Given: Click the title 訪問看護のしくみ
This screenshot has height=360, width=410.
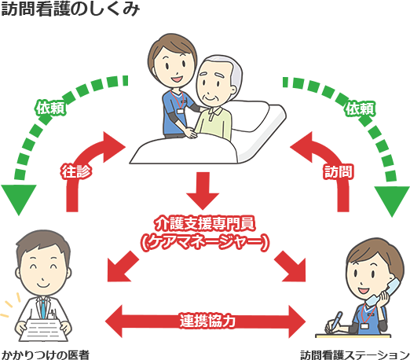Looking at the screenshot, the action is tap(70, 9).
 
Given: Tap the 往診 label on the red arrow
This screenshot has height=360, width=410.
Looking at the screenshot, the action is tap(76, 171).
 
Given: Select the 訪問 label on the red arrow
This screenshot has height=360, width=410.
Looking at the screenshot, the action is tap(338, 171).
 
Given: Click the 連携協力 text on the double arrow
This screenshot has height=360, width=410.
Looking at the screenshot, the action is tap(207, 321).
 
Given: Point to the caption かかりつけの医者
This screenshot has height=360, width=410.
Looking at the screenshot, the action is tap(46, 354).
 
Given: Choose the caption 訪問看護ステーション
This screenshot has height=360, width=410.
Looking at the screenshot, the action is tap(355, 354).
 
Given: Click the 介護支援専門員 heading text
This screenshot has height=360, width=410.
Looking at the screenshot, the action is tap(205, 223).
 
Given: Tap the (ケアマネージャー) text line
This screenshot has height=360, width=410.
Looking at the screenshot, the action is tap(205, 242).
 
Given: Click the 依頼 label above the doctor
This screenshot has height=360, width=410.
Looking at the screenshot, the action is tap(50, 108).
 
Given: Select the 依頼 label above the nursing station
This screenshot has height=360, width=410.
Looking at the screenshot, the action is tap(361, 108).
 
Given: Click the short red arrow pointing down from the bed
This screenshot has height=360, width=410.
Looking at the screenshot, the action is tap(203, 191).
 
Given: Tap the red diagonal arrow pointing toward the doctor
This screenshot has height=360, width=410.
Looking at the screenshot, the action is tap(123, 266).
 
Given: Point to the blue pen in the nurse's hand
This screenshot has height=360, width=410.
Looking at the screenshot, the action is tap(335, 321).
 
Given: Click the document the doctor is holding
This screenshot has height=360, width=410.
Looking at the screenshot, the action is tap(43, 329).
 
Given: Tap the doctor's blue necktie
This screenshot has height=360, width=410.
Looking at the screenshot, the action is tap(43, 309).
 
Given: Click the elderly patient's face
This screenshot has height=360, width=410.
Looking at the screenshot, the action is tap(214, 84).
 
